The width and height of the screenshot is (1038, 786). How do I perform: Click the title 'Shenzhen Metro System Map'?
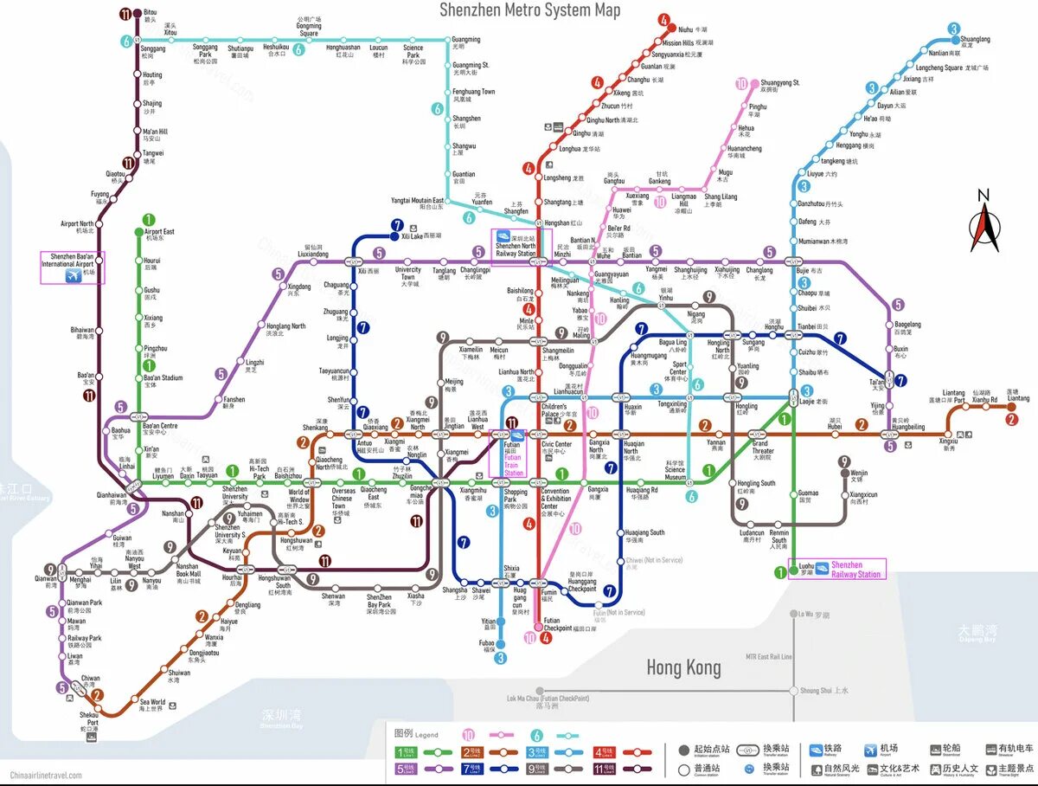[529, 10]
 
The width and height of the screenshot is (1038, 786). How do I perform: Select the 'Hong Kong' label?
[683, 667]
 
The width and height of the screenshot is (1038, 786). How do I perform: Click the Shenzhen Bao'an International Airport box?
[73, 267]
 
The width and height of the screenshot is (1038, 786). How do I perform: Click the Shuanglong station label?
[975, 40]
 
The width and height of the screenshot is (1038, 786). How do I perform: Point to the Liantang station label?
[1017, 396]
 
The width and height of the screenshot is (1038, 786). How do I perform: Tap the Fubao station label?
[488, 644]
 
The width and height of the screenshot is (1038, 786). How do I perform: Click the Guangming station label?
[465, 42]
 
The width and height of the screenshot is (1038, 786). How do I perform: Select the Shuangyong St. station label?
[779, 85]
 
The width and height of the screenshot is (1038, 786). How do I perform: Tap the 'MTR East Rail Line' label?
[769, 657]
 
